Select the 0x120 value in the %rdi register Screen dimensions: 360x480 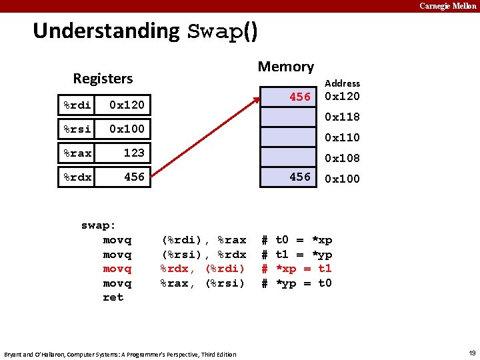(127, 105)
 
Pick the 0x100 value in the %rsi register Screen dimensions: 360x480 (127, 129)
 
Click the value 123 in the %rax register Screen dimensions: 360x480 (134, 153)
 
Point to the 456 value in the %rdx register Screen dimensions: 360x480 (134, 177)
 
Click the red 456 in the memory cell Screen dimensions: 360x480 (300, 97)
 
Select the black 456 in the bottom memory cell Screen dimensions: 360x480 (300, 177)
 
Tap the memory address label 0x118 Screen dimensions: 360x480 (342, 117)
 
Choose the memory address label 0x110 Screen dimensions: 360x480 (342, 138)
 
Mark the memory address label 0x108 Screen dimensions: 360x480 (342, 159)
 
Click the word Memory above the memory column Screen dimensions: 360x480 (285, 67)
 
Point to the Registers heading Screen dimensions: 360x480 (103, 79)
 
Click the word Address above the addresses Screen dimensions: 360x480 (342, 83)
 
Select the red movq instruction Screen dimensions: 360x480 (117, 269)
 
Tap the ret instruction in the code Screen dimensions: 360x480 (113, 297)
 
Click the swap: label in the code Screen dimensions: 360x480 (99, 225)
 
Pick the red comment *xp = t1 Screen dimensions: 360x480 (297, 269)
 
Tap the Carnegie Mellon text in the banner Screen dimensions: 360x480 (447, 6)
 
